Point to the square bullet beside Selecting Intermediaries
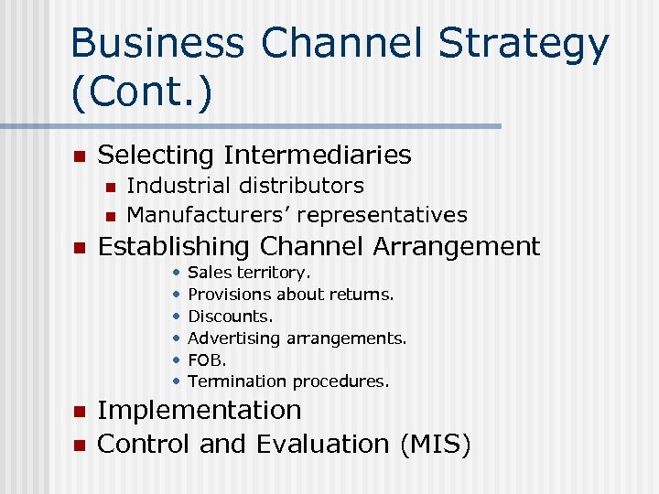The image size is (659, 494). click(x=79, y=156)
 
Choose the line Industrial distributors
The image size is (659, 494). click(x=244, y=186)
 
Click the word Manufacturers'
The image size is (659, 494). click(x=208, y=215)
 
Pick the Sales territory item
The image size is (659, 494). click(x=249, y=273)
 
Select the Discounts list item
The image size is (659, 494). click(x=230, y=316)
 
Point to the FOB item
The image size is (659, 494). click(x=206, y=360)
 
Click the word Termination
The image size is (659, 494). click(x=234, y=381)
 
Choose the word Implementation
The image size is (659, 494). click(x=199, y=411)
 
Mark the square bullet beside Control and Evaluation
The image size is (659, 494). click(x=79, y=446)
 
